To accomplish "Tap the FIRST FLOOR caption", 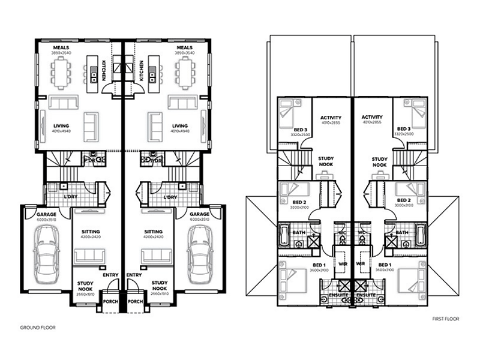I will point(445,319).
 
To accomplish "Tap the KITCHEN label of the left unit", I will point(103,70).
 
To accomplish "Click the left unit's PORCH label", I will point(109,302).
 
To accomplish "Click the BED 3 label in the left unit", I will point(301,129).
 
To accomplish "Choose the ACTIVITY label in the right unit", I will point(373,117).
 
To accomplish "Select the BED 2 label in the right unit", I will point(403,200).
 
